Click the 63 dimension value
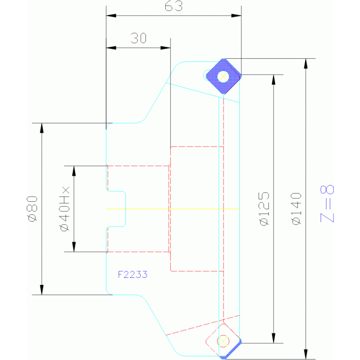pyautogui.click(x=174, y=6)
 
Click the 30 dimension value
pyautogui.click(x=138, y=38)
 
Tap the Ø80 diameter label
pyautogui.click(x=32, y=209)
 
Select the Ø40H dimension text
pyautogui.click(x=64, y=209)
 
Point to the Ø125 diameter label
pyautogui.click(x=264, y=209)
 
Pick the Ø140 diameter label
pyautogui.click(x=296, y=209)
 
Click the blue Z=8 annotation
pyautogui.click(x=327, y=204)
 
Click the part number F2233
pyautogui.click(x=132, y=275)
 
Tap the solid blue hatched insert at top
pyautogui.click(x=223, y=76)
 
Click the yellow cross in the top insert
pyautogui.click(x=223, y=77)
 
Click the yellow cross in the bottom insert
pyautogui.click(x=223, y=341)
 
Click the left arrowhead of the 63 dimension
pyautogui.click(x=111, y=15)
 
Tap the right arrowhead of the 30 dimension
pyautogui.click(x=166, y=48)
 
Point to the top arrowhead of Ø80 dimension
pyautogui.click(x=42, y=128)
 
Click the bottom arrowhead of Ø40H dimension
pyautogui.click(x=74, y=247)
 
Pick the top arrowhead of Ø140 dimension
pyautogui.click(x=306, y=63)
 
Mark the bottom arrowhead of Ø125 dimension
pyautogui.click(x=274, y=338)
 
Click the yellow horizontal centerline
pyautogui.click(x=173, y=209)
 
